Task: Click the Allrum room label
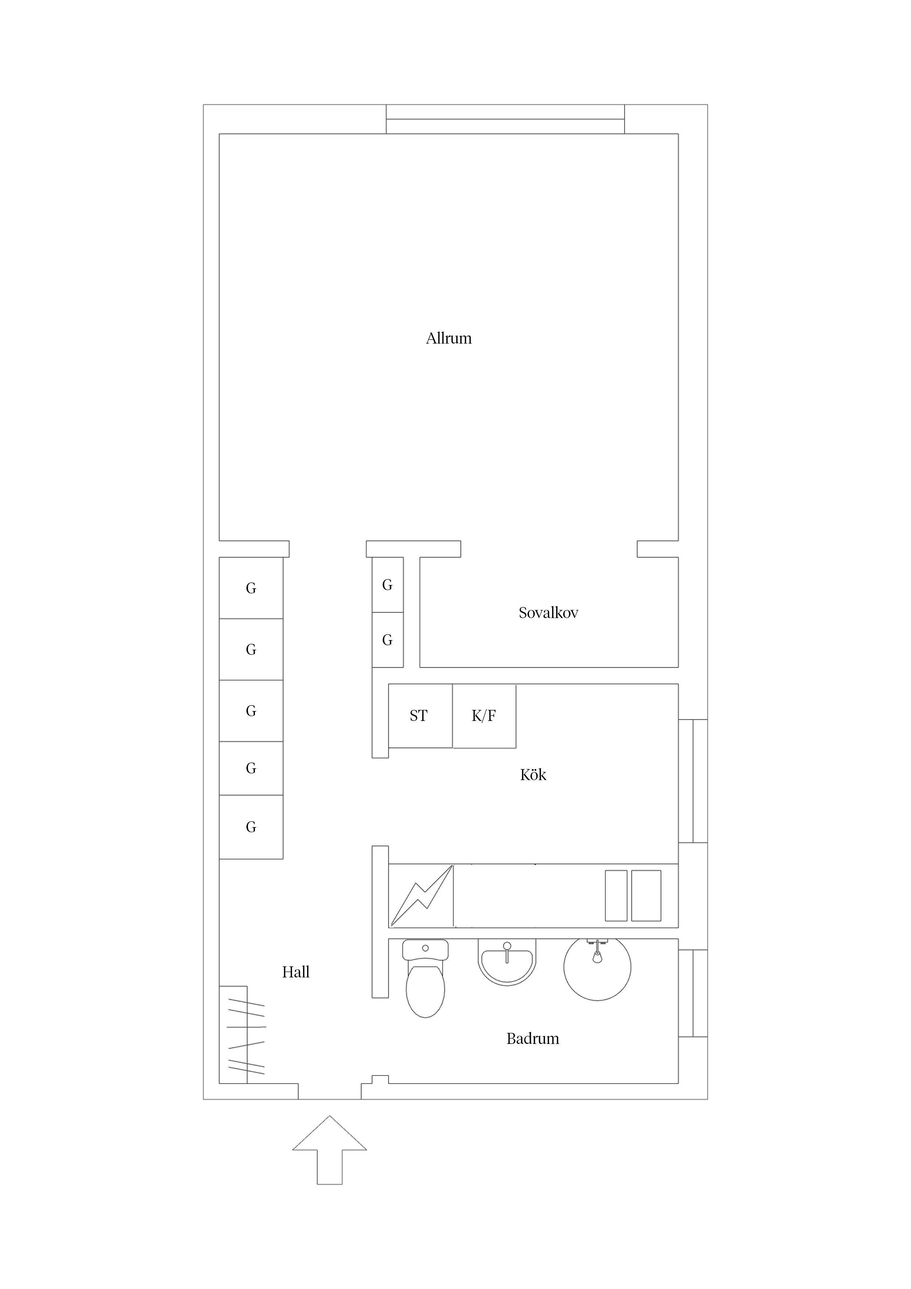[x=449, y=338]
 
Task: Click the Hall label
[x=295, y=972]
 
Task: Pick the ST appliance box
[x=420, y=716]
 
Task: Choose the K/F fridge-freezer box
[x=485, y=716]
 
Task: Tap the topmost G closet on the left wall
[x=251, y=588]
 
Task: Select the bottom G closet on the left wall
[x=251, y=827]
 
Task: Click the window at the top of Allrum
[x=505, y=119]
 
